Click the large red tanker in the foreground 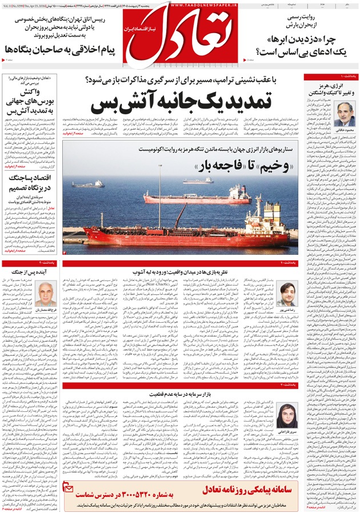(x=171, y=234)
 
